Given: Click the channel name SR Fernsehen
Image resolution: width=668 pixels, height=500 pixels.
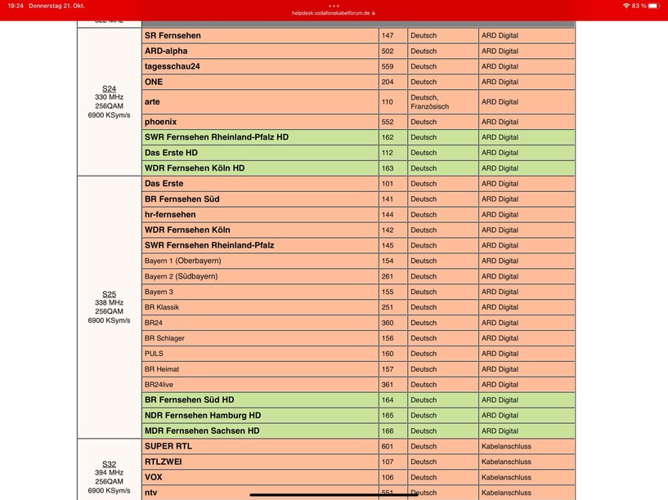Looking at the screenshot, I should click(173, 36).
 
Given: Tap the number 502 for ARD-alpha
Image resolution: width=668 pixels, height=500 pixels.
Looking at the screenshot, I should click(388, 51).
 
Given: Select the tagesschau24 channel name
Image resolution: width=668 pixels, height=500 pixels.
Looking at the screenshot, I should click(173, 67).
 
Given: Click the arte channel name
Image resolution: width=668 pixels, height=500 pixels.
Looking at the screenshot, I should click(152, 102).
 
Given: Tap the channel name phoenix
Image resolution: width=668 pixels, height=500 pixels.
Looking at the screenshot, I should click(160, 122).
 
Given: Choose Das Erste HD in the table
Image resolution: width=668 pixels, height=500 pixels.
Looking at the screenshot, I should click(171, 153).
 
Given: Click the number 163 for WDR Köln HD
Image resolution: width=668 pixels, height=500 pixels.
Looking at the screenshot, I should click(388, 168).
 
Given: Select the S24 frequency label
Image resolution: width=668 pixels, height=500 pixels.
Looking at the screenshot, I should click(109, 88).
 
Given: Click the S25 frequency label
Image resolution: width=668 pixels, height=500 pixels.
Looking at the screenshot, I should click(109, 294).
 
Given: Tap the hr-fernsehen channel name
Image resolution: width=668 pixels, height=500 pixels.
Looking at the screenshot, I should click(170, 215).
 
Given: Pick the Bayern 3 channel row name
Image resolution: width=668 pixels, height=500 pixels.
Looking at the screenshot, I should click(159, 292).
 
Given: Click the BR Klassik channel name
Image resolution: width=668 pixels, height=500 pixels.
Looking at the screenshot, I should click(162, 307).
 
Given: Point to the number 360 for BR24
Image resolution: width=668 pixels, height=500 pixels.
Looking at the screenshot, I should click(388, 323).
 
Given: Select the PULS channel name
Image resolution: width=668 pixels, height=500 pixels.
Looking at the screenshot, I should click(154, 354).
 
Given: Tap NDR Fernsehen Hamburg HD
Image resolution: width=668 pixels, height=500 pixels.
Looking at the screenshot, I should click(203, 416).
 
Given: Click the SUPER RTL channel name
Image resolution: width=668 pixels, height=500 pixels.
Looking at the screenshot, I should click(168, 447).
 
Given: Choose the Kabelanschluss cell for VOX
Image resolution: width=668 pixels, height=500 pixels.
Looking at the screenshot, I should click(506, 478).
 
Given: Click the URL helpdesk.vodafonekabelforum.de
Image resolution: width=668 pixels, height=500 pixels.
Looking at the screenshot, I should click(334, 13).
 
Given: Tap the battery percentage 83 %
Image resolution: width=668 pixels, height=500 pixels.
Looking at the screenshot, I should click(639, 6).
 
